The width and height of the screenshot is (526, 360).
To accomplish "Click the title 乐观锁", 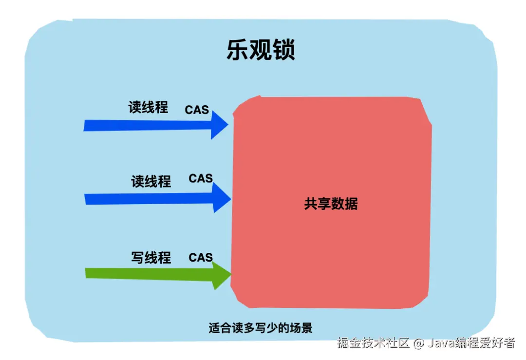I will click(261, 50).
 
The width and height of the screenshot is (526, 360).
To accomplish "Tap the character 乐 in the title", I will click(237, 50).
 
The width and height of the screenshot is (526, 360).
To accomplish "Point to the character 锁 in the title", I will click(284, 50).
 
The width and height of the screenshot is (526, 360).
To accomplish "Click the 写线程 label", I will click(151, 257).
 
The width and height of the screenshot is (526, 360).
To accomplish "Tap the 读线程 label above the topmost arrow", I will click(148, 107).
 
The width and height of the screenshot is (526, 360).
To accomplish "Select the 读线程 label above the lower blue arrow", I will click(151, 182).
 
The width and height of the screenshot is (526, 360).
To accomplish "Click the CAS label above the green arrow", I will click(201, 257).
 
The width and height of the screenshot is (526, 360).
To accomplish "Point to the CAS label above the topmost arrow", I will click(197, 110).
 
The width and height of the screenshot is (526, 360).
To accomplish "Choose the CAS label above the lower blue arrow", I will click(201, 178).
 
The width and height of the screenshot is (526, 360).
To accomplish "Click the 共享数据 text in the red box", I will click(331, 204).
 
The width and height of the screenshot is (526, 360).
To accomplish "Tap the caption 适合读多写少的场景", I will click(261, 328).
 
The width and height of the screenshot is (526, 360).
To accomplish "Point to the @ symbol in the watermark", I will click(419, 343).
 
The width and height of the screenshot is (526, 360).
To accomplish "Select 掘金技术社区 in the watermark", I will click(374, 343).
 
